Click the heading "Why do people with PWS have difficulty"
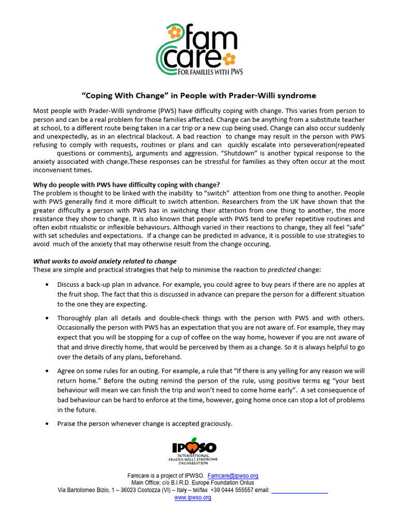pos(126,185)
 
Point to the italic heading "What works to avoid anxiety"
pos(105,261)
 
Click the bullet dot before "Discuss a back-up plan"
pos(48,285)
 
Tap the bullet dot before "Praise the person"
pos(48,424)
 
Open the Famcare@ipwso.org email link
pos(233,476)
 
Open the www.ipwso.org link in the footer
pos(193,497)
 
